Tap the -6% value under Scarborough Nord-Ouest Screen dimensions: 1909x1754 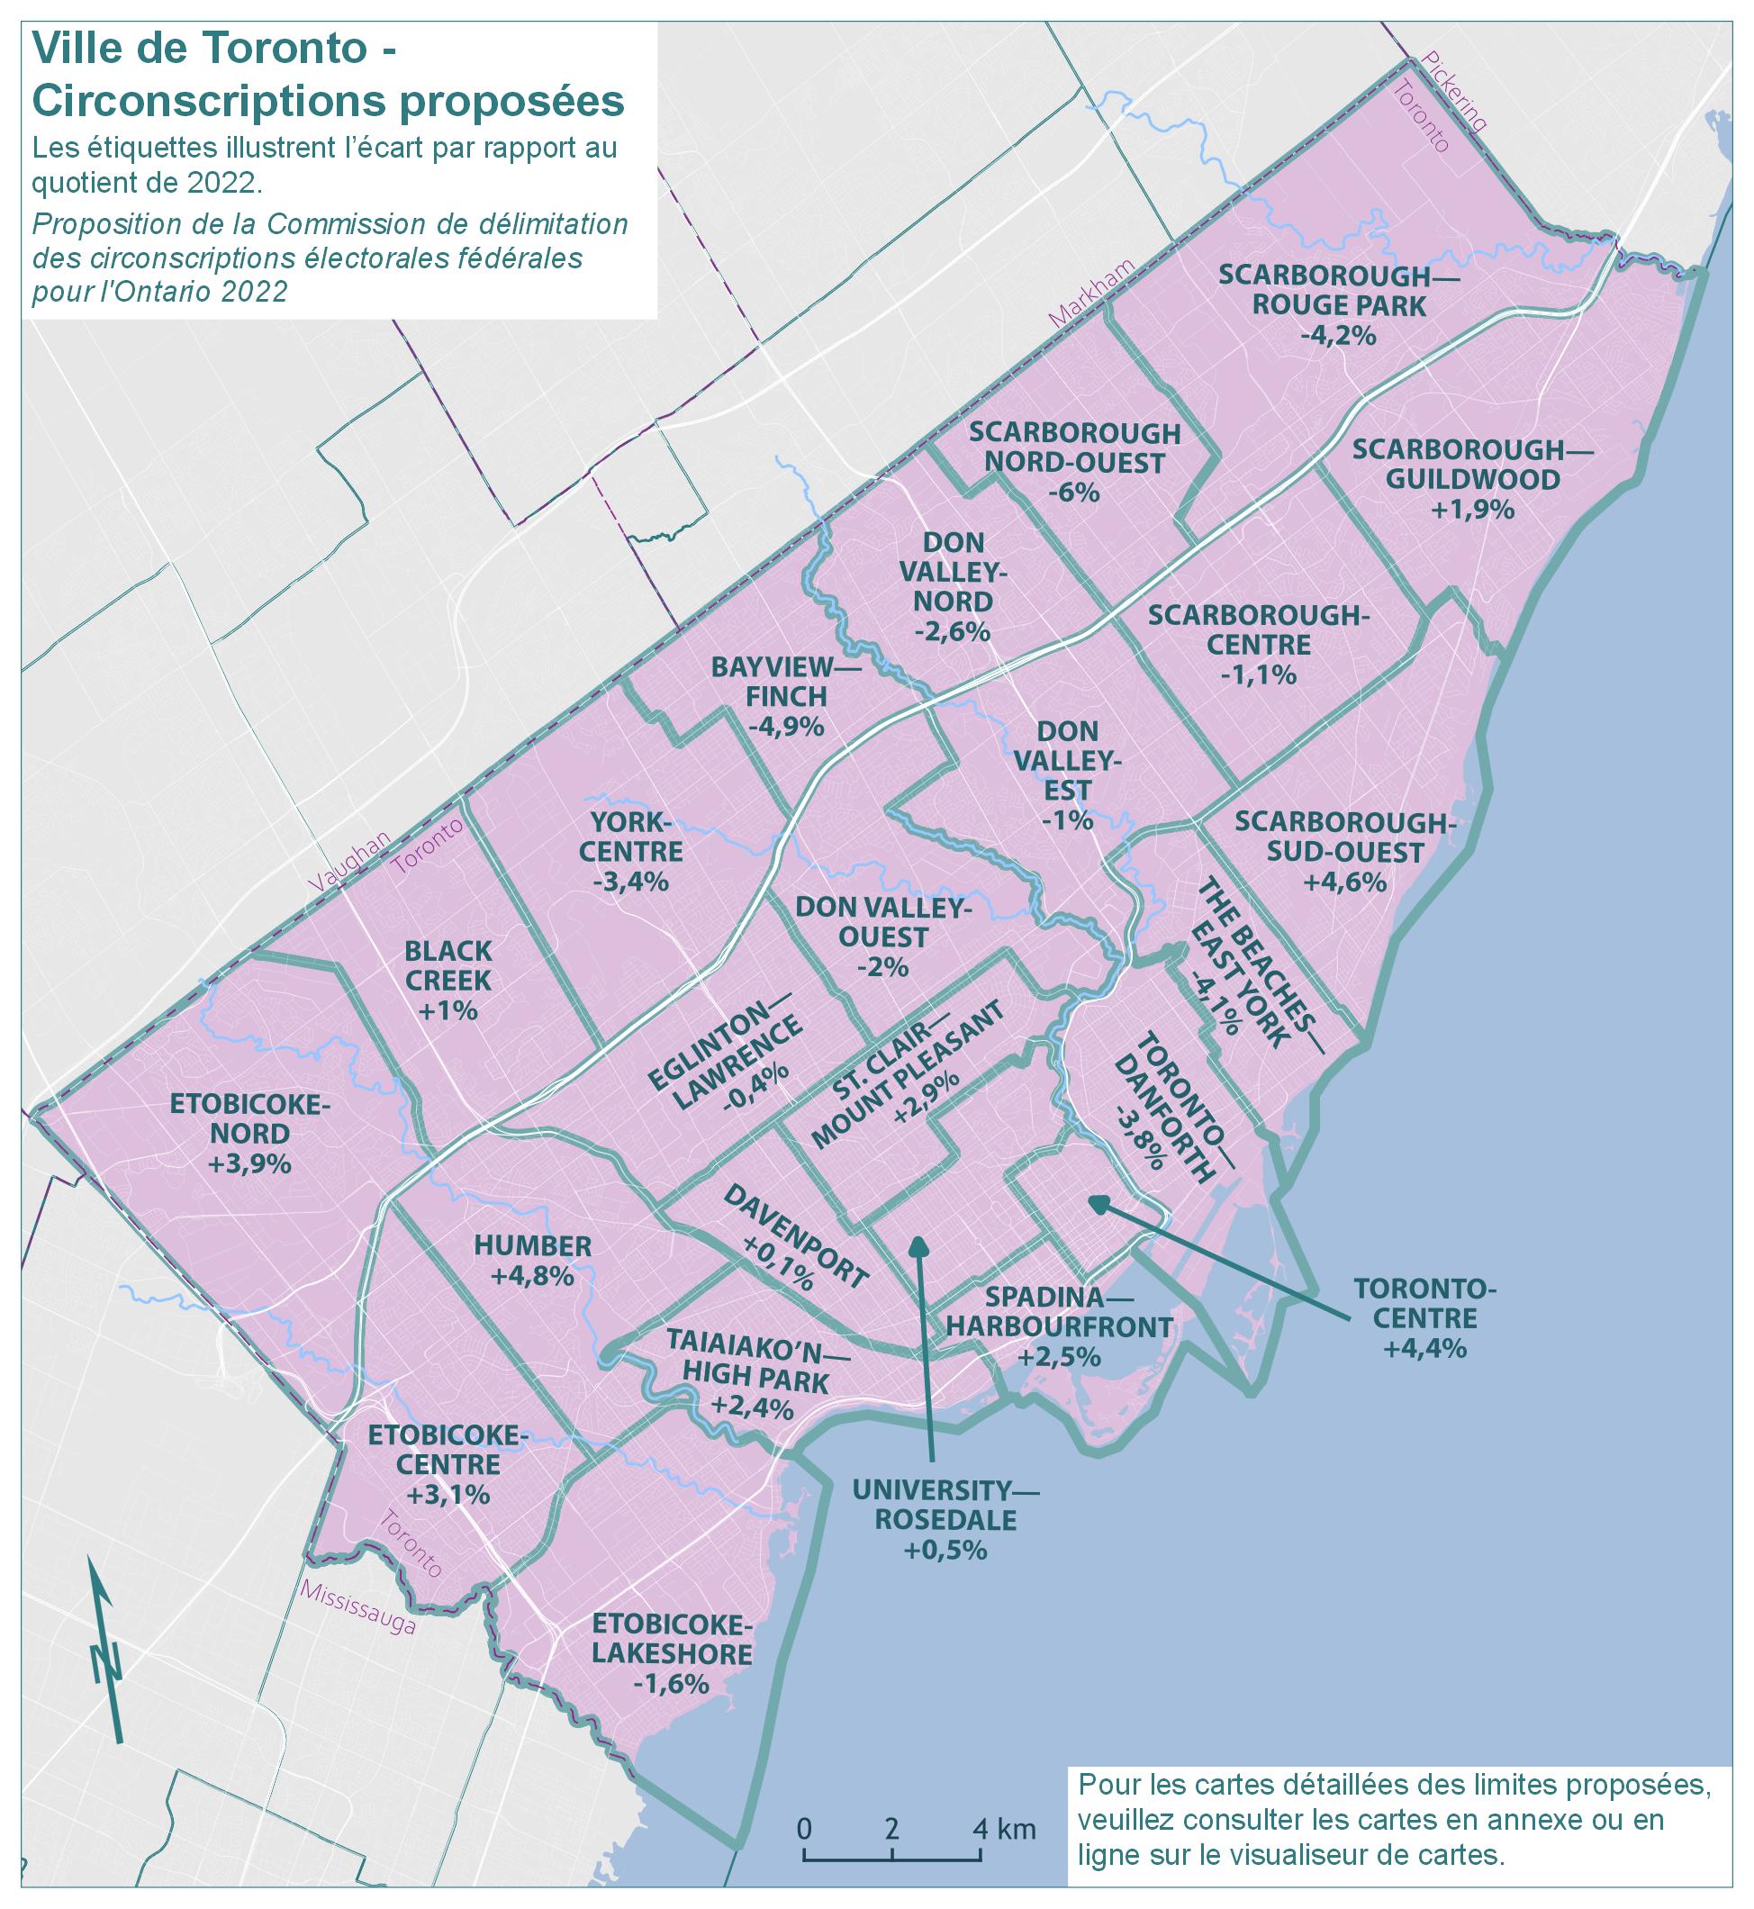pos(1074,493)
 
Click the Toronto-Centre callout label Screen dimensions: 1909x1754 pos(1424,1303)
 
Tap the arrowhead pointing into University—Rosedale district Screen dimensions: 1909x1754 pos(918,1245)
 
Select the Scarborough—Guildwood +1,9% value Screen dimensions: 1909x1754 pos(1472,509)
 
